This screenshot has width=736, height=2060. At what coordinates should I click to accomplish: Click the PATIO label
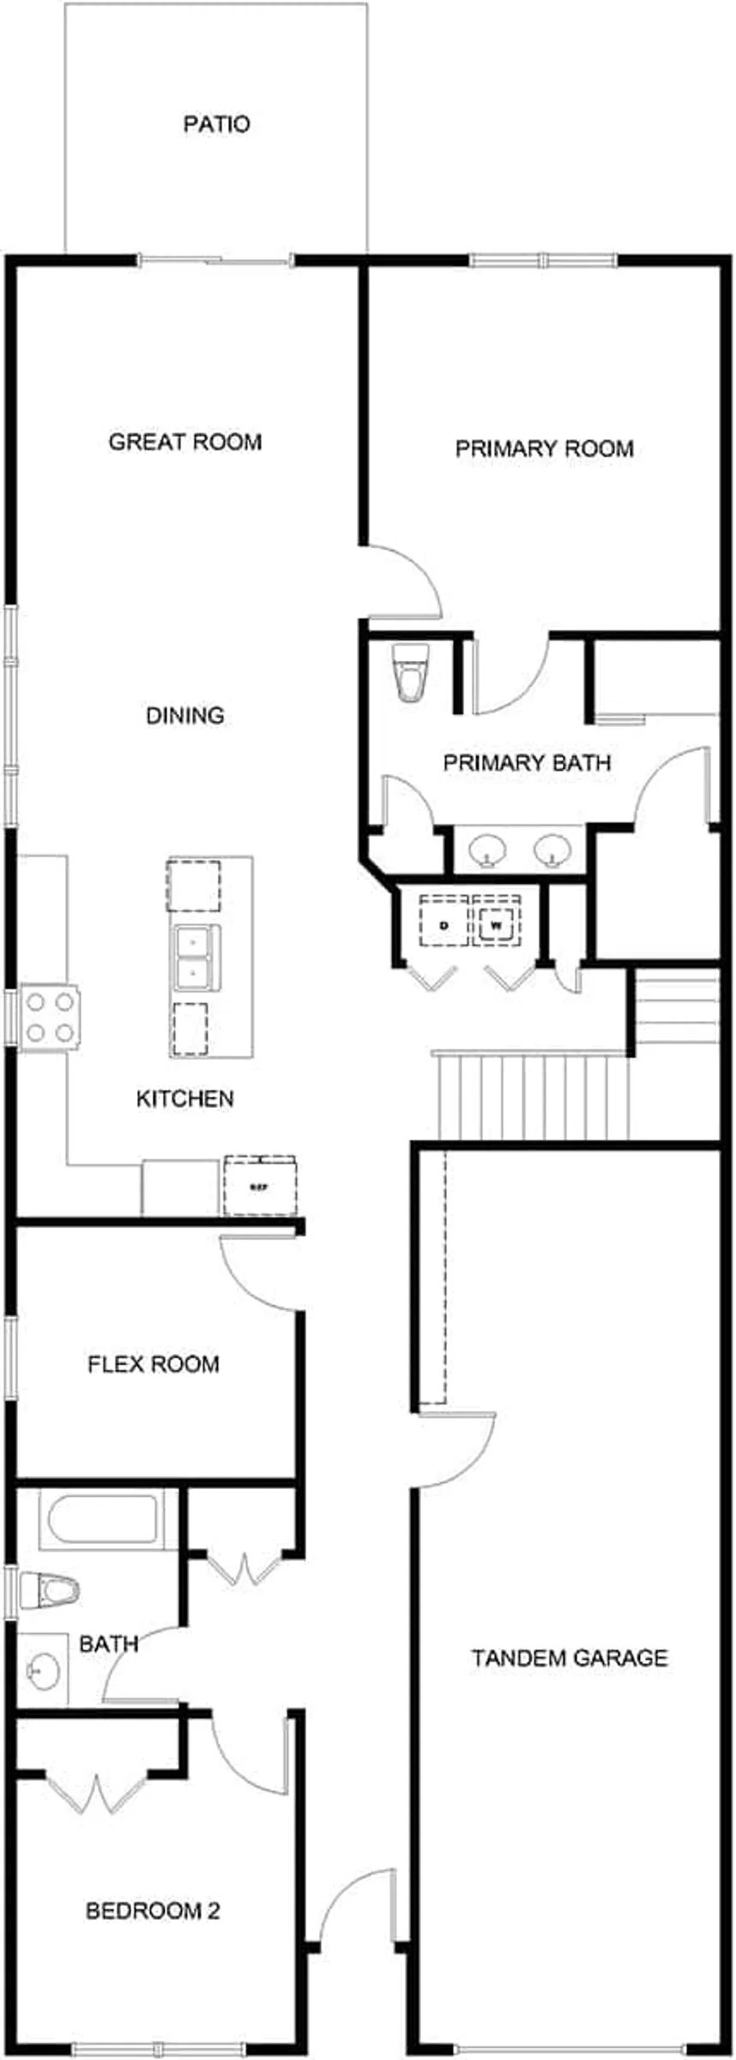tap(217, 125)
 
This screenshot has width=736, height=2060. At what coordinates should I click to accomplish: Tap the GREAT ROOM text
tap(185, 442)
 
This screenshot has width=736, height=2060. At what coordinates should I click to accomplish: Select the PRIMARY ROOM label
tap(544, 449)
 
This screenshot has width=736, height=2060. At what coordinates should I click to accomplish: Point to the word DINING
tap(185, 715)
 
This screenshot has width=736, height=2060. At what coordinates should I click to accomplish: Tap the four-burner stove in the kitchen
tap(50, 1016)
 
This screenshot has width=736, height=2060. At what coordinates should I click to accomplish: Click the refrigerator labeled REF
tap(259, 1187)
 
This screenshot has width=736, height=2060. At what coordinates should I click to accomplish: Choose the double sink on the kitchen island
tap(195, 957)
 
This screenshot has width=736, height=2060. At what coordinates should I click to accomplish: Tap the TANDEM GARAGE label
tap(569, 1658)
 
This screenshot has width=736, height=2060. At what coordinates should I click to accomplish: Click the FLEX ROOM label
tap(153, 1363)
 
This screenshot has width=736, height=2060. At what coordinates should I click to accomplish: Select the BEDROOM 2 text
tap(153, 1910)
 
